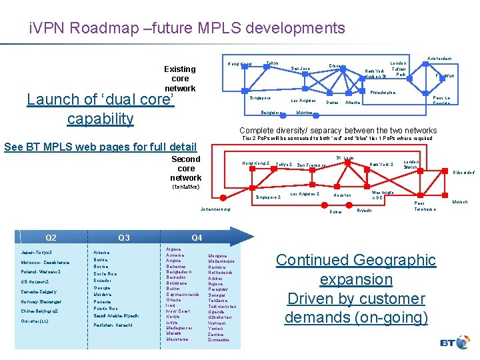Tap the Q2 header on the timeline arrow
tap(51, 238)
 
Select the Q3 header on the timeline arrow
tap(123, 238)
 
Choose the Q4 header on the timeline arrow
tap(196, 238)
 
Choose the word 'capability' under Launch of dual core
tap(100, 119)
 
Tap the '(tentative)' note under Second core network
tap(185, 187)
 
